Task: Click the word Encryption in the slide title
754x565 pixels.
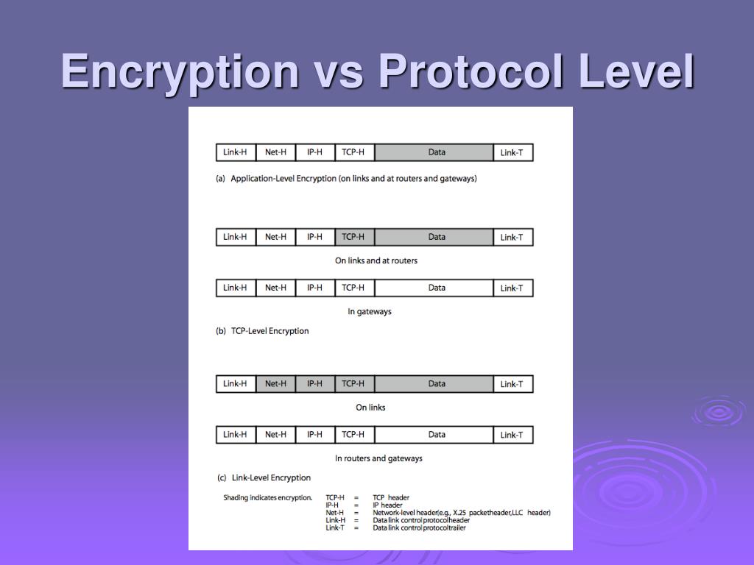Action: click(180, 72)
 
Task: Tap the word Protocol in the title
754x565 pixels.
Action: click(471, 72)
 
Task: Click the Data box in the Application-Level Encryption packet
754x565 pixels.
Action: click(437, 153)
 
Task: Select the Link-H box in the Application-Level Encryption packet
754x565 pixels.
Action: click(236, 153)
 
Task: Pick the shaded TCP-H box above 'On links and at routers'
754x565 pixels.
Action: click(353, 237)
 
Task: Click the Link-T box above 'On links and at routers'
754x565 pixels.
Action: click(512, 237)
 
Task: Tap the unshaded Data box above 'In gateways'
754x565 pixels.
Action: click(437, 288)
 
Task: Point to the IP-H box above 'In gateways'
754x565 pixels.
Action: click(315, 288)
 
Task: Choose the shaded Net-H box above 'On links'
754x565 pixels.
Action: click(275, 383)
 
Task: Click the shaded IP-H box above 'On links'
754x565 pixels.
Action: click(315, 383)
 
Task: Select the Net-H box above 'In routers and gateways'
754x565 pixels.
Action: click(275, 435)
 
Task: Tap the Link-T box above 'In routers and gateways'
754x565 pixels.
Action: click(512, 435)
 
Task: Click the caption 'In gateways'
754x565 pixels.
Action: click(370, 312)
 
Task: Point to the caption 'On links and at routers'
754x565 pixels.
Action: click(376, 260)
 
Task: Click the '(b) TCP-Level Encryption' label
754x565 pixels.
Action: click(262, 331)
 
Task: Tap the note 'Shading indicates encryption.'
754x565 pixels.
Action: click(268, 498)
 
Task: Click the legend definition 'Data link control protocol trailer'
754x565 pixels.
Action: click(419, 527)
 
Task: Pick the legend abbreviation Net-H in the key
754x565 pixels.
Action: click(335, 513)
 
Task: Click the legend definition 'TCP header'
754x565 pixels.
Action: click(391, 498)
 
